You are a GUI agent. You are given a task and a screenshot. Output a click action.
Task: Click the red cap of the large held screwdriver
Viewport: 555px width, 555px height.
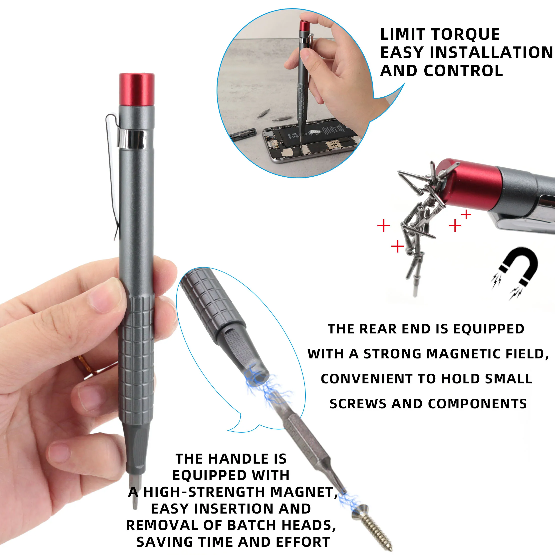click(137, 90)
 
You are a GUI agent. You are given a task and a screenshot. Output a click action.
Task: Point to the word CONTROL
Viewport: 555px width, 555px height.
click(463, 71)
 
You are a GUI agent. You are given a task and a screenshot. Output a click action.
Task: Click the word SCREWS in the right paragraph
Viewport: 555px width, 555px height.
click(358, 404)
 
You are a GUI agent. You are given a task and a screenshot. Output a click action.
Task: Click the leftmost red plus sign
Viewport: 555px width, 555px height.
click(383, 226)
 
